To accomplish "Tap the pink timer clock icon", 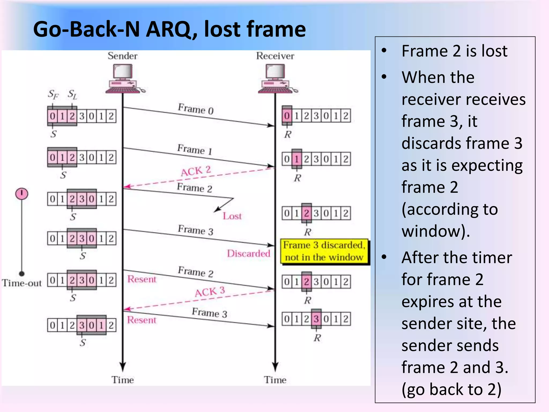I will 22,194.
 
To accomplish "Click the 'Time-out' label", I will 22,283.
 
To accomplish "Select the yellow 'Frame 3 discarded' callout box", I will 325,251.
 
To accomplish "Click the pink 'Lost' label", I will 232,216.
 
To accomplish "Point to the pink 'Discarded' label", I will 248,253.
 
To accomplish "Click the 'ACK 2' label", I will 196,171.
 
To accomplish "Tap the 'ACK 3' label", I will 210,292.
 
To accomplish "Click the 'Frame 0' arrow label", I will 196,109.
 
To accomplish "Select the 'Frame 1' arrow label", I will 195,149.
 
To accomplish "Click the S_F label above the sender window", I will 53,94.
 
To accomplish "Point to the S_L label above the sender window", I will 72,94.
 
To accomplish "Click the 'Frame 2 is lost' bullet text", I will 454,51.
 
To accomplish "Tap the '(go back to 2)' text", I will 451,389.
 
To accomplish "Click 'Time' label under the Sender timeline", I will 123,380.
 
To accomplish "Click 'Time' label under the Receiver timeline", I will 275,380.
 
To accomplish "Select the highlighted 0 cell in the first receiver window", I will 287,116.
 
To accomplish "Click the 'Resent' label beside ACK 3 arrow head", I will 142,320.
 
